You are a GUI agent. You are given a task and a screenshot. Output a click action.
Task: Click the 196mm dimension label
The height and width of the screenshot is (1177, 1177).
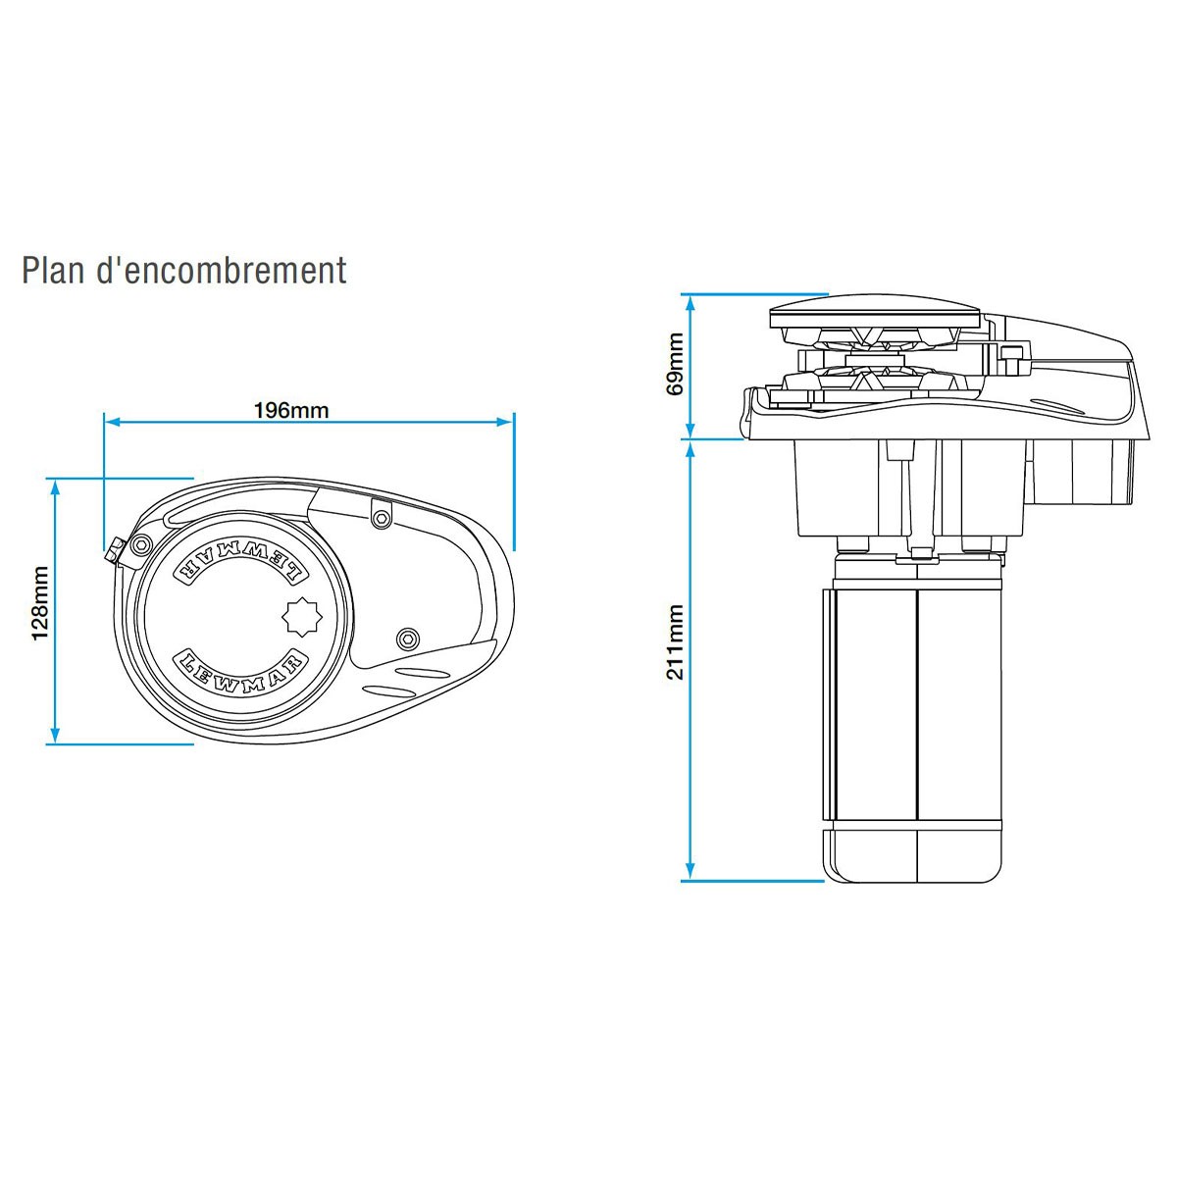point(291,410)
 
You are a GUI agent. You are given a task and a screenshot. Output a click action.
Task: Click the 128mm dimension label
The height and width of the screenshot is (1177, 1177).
point(40,603)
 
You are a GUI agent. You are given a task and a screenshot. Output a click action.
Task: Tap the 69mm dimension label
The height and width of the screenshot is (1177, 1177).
point(675,363)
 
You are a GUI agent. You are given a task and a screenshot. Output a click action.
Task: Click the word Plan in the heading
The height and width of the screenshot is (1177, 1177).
point(55,270)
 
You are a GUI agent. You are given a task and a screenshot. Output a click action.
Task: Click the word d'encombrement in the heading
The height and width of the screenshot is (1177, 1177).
point(223,270)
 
